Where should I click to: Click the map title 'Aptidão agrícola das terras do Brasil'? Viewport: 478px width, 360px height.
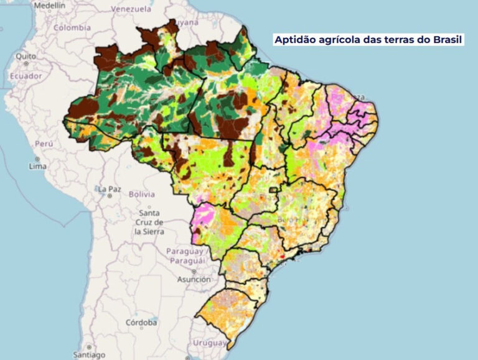click(368, 40)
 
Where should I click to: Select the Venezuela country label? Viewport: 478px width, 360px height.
click(131, 9)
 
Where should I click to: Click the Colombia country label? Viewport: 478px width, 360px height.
click(72, 27)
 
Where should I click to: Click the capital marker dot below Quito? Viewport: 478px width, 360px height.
click(26, 63)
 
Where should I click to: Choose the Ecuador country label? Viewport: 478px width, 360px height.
click(26, 76)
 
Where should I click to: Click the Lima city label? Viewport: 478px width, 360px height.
click(38, 167)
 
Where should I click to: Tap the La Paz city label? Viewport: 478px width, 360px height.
click(109, 188)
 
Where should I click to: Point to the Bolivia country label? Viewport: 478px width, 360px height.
click(141, 194)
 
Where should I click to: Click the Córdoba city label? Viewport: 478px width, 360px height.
click(140, 323)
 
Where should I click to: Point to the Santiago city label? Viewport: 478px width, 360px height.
click(89, 355)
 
